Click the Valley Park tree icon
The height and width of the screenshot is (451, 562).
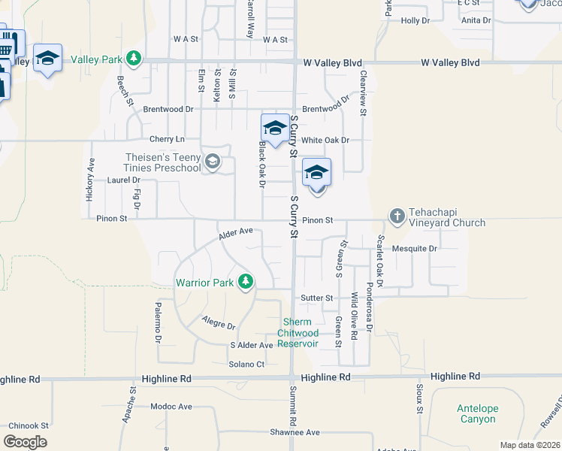tap(134, 59)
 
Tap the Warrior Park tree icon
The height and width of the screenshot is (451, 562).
tap(245, 283)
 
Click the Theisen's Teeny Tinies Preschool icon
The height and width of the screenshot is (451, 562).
tap(213, 162)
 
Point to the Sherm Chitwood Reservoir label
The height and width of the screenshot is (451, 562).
tap(298, 333)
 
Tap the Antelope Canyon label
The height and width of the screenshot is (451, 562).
tap(477, 413)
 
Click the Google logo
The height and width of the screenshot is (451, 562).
tap(25, 442)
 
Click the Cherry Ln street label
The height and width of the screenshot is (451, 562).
tap(167, 139)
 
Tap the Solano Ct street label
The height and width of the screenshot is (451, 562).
tap(247, 365)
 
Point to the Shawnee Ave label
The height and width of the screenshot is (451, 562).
tap(295, 432)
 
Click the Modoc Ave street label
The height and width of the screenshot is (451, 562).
tap(171, 407)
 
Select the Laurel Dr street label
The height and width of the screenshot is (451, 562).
tap(124, 180)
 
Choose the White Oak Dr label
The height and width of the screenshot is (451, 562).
tap(325, 141)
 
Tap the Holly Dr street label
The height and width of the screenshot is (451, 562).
tap(415, 21)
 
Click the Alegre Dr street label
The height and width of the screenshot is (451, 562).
tap(219, 323)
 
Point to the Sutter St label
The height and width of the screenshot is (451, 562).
tap(317, 298)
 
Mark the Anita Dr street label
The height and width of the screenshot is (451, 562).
tap(476, 20)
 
